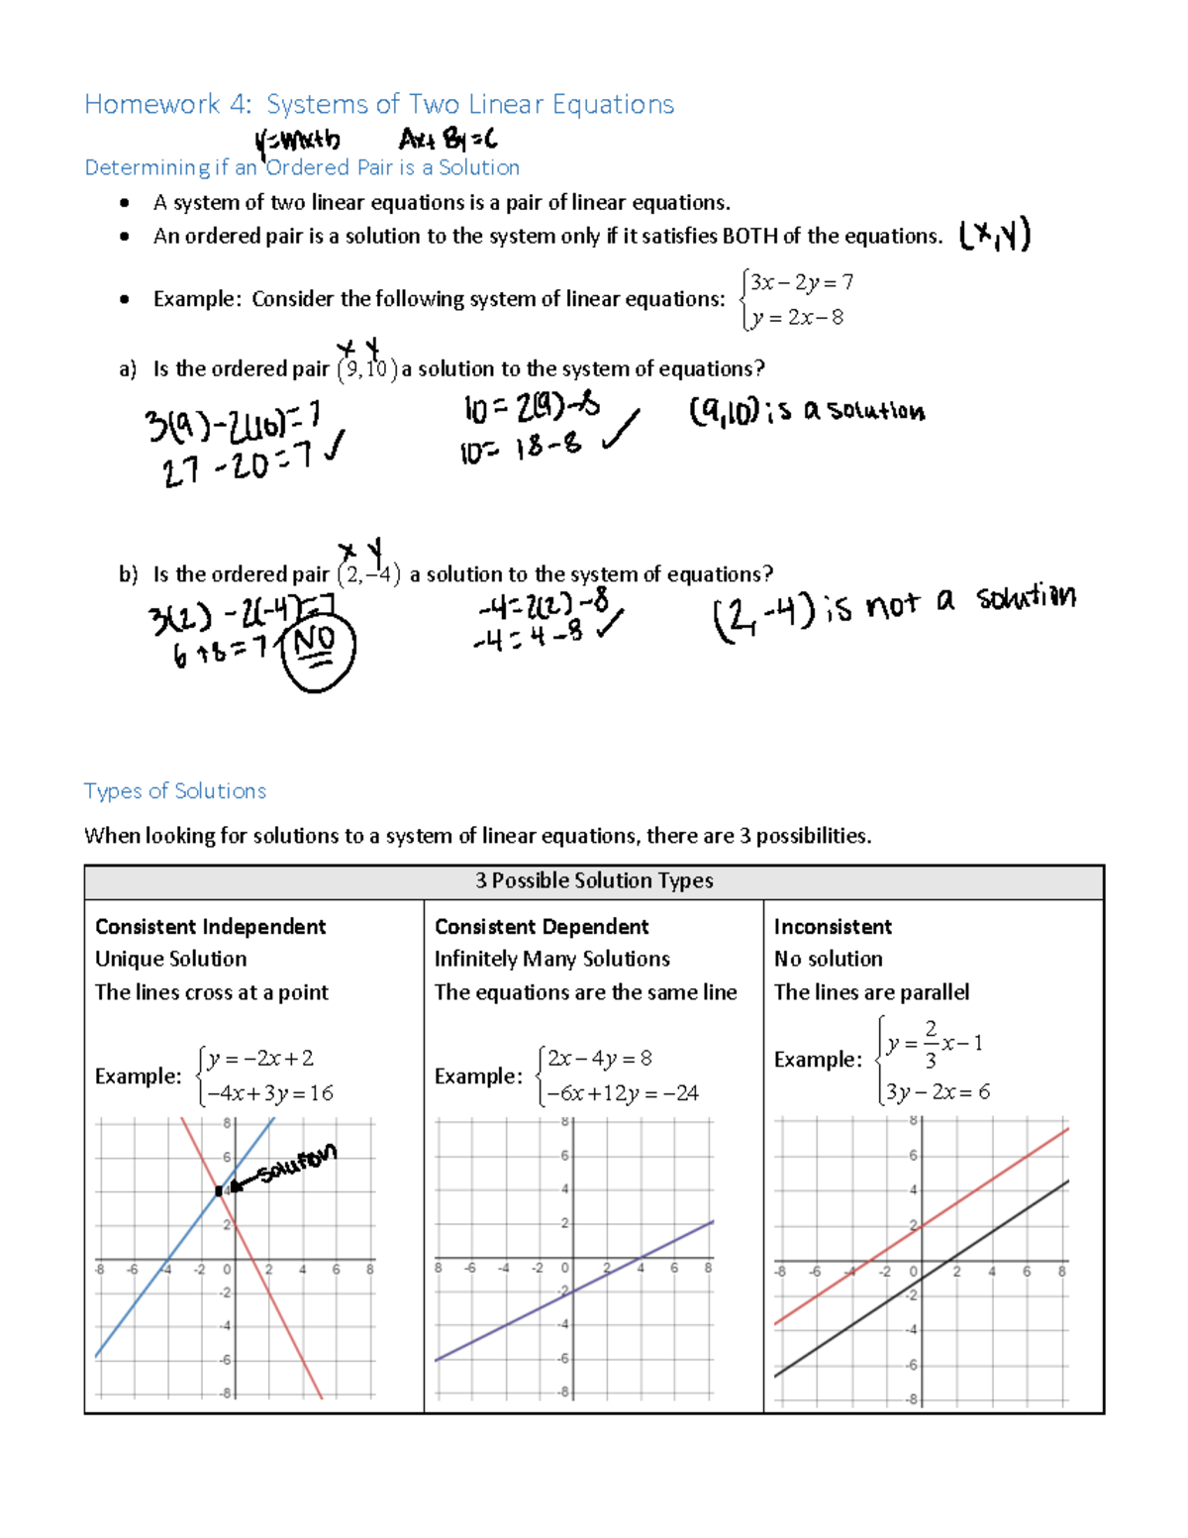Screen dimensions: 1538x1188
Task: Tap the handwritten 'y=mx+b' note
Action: pos(296,143)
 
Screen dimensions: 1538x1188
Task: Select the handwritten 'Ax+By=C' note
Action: pos(447,142)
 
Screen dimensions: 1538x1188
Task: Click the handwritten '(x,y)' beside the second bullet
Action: pos(995,236)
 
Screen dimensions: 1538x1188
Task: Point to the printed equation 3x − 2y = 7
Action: pos(801,282)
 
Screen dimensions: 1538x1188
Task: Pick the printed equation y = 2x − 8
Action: pos(797,318)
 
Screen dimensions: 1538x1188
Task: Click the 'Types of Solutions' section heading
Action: pos(175,791)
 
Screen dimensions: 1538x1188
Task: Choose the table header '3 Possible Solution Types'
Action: pos(594,880)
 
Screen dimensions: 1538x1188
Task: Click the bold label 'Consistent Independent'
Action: pos(210,927)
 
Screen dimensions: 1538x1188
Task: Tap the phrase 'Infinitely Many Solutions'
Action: pos(551,959)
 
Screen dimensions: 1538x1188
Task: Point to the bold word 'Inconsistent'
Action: pos(833,927)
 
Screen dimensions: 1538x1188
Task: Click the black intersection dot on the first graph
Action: pos(220,1190)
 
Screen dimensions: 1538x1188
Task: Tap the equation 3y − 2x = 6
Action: pos(937,1092)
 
